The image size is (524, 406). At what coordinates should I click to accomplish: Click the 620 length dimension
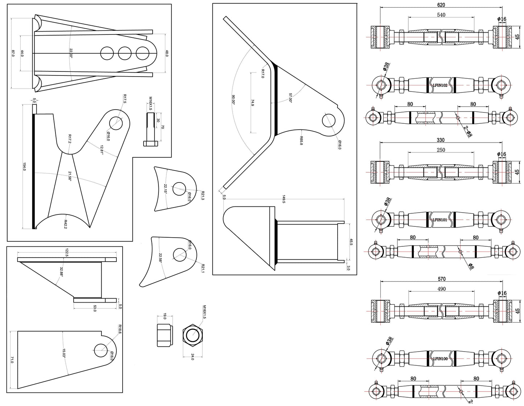pyautogui.click(x=441, y=5)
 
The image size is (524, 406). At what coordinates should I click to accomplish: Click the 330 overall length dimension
pyautogui.click(x=441, y=140)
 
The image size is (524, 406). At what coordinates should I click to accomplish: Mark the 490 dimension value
pyautogui.click(x=441, y=289)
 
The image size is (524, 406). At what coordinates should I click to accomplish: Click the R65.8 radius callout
pyautogui.click(x=301, y=141)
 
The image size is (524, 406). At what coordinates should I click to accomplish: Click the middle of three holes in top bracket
pyautogui.click(x=125, y=53)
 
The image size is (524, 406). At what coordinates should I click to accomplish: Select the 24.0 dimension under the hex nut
pyautogui.click(x=192, y=357)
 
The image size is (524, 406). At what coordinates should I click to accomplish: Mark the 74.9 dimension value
pyautogui.click(x=252, y=102)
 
